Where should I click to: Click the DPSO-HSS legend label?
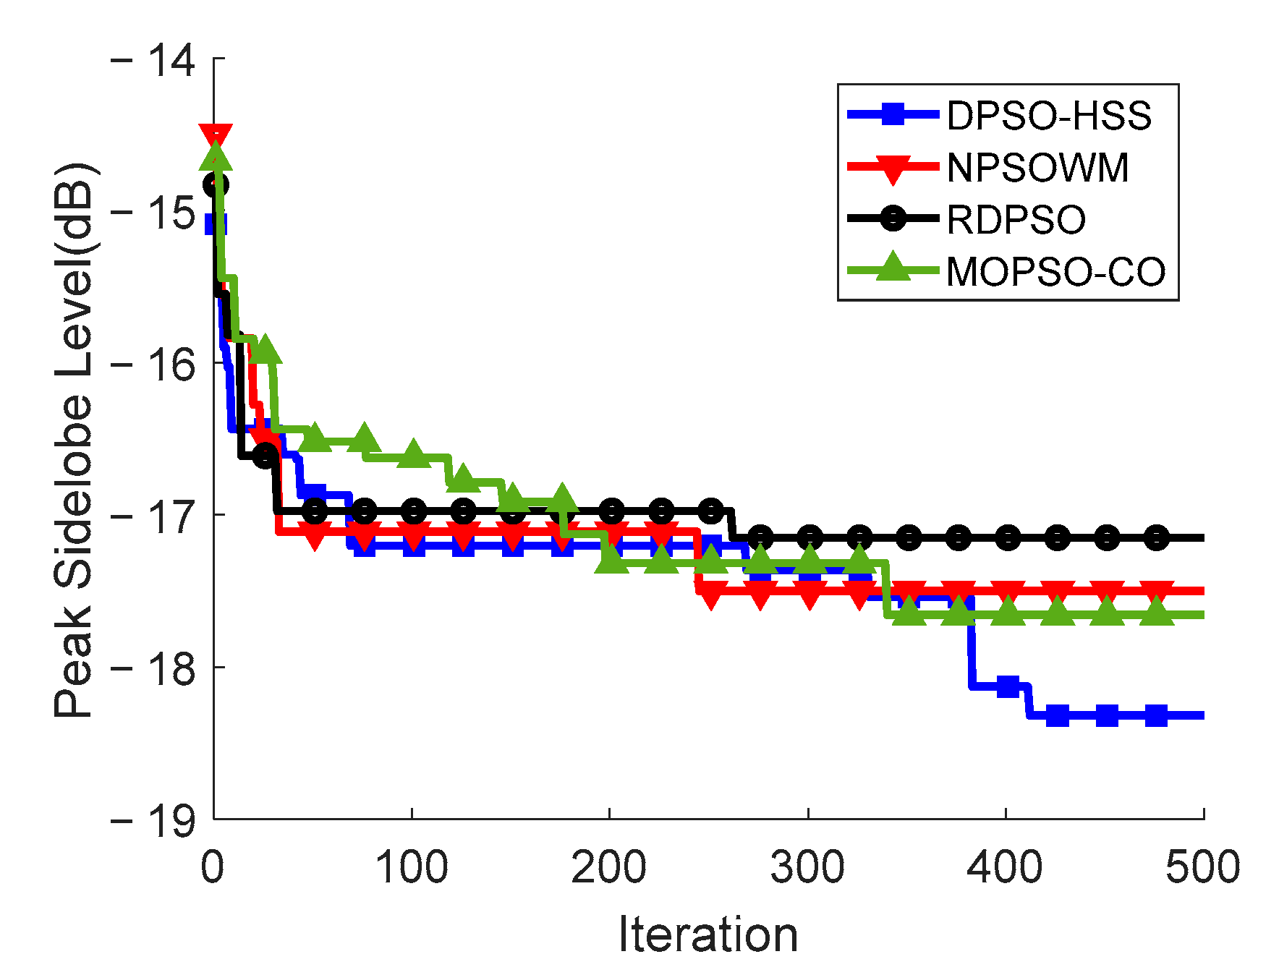(x=1048, y=115)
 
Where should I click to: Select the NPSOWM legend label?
(x=1037, y=168)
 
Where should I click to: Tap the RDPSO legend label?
(x=1016, y=220)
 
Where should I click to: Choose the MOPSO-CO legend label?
(x=1055, y=273)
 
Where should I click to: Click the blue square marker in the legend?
(x=893, y=114)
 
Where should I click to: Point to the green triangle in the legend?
(x=893, y=268)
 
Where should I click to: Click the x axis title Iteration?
(x=708, y=934)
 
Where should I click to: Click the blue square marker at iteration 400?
(x=1008, y=686)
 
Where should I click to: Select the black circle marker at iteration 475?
(x=1156, y=537)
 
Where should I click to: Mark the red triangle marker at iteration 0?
(x=216, y=135)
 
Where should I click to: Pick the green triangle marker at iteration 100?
(x=414, y=454)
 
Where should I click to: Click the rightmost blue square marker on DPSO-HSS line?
(x=1156, y=715)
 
